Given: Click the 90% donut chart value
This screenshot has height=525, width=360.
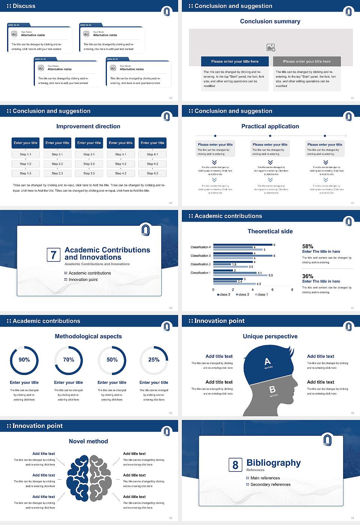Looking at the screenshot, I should pos(24,360).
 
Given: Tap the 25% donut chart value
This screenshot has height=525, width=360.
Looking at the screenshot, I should pos(154,360).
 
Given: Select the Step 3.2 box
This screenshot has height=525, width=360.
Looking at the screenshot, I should pos(89,164).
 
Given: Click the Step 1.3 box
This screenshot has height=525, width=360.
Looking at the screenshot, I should pos(25,173).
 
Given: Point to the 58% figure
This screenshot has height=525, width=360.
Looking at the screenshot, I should pos(307,246).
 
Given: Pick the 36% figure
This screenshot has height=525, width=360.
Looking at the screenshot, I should pos(307,276).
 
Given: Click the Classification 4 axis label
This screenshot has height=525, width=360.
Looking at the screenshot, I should pos(201,247).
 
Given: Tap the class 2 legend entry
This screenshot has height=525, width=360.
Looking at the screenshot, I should pos(243,294).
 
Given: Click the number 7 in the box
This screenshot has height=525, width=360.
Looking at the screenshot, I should pos(53,255).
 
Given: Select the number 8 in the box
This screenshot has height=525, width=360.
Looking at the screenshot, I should pos(235,465).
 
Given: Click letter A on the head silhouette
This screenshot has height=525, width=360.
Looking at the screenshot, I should pos(267,361).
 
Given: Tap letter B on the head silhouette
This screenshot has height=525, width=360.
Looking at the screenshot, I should pos(273,390).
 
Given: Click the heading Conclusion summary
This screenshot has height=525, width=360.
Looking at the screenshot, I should pos(270,21).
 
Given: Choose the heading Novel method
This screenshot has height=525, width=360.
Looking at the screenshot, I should pos(88,441).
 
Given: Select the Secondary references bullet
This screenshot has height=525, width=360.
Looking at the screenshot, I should pos(270,484).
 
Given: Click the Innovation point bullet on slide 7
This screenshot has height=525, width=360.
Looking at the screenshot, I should pos(83,279).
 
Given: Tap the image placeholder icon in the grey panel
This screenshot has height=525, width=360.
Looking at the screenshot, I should pos(271,47).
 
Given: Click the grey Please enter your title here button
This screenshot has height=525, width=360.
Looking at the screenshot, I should pos(307,61).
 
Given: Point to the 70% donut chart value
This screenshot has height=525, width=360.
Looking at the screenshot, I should pos(69,360).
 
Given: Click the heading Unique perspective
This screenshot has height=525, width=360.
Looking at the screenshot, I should pos(270,336).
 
